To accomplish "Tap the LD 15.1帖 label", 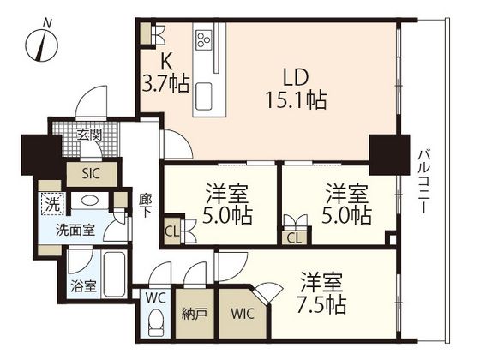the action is coord(296,89).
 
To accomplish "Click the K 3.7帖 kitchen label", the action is coord(166,74).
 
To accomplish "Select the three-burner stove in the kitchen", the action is coord(204,39).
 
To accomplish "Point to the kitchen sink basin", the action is coord(204,96).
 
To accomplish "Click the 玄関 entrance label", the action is coord(89,135).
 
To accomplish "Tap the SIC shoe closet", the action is coord(92,174).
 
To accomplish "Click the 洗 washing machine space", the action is coord(52,204).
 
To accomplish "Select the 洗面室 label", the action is coord(75,230).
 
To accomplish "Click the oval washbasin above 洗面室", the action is coord(90,201).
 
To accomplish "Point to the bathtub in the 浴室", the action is coord(114,274).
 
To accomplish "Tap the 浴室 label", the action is coord(83,286).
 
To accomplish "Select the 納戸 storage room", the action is coord(195,314).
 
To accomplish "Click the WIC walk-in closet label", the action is coord(243,314).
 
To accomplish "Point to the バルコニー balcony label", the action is coord(423,181).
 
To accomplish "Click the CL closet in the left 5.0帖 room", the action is coord(172,231).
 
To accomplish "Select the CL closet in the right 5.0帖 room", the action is coord(295,238).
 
